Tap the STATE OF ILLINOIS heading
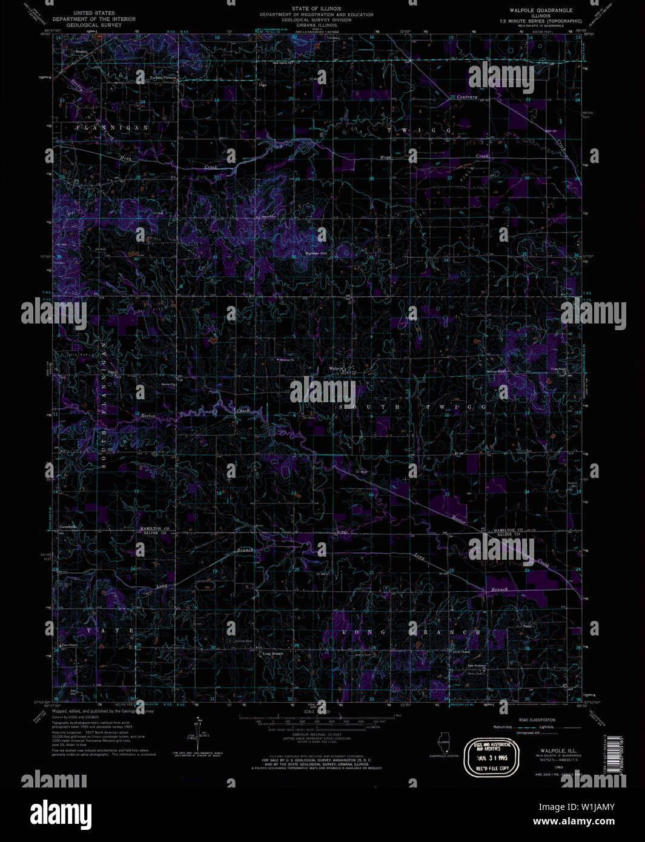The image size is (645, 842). tap(317, 8)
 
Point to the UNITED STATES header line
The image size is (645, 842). tap(94, 12)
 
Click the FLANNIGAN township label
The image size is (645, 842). tap(113, 128)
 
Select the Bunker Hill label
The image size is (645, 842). tap(315, 253)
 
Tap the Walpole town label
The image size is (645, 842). tap(337, 368)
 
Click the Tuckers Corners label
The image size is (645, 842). tap(164, 78)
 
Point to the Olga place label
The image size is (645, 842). tap(262, 85)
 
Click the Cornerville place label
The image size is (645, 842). tap(68, 526)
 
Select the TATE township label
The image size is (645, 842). tap(111, 631)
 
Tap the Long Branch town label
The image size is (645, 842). tap(273, 654)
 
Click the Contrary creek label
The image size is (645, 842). tap(467, 97)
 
